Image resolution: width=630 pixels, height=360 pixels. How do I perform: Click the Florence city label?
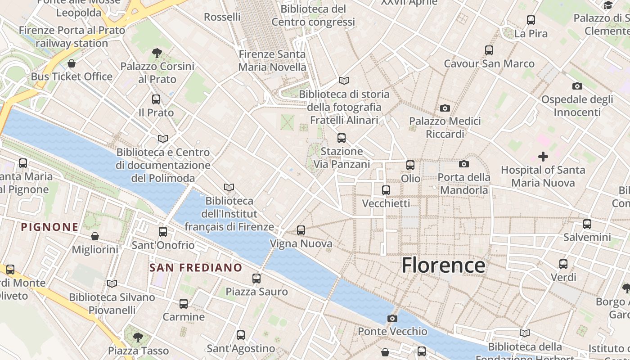443,265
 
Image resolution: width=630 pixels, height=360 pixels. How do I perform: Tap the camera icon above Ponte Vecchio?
392,318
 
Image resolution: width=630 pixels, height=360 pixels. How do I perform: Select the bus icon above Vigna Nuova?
301,230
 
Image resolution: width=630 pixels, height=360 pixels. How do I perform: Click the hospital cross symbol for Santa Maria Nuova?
543,157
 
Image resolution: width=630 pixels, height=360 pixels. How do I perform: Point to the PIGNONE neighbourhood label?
50,227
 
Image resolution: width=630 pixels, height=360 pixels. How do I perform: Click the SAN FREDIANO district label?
196,268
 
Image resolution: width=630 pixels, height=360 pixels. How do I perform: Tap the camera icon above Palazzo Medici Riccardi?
445,108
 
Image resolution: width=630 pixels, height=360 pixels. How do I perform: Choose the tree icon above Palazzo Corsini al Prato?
157,53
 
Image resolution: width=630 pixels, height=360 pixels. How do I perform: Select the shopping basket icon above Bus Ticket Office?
71,63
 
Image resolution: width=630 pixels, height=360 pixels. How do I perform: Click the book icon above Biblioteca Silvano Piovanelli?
112,283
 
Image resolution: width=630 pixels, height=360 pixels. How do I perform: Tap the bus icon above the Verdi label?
563,264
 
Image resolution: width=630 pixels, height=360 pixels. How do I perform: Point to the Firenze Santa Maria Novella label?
272,61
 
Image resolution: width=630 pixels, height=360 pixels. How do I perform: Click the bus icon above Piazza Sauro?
256,279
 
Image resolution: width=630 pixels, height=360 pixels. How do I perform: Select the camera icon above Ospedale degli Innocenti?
577,86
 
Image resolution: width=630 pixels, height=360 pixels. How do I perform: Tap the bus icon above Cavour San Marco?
489,50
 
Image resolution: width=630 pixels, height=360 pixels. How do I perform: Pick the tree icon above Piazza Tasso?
138,337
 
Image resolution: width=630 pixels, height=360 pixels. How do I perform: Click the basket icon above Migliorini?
95,236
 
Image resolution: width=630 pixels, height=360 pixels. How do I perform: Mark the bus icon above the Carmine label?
184,304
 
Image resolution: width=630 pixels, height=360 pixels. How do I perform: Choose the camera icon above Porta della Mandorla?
464,164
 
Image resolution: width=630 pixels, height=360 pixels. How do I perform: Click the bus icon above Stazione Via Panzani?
342,138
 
